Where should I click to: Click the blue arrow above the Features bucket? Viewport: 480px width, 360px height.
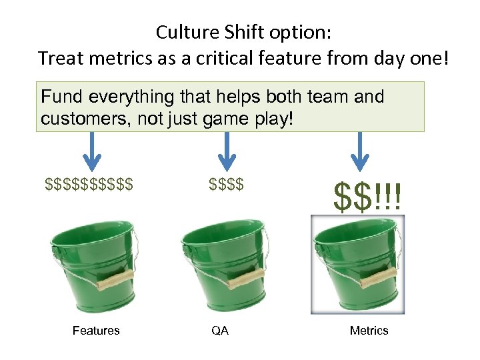(x=92, y=151)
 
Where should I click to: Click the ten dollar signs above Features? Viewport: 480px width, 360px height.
(x=89, y=183)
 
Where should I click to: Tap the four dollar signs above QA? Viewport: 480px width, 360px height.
(x=226, y=183)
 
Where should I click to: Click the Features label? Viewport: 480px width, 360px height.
(x=96, y=331)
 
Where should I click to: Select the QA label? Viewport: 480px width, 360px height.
(x=219, y=331)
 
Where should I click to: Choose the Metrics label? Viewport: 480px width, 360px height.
(x=369, y=331)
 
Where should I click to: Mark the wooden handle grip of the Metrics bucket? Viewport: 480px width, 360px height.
(x=379, y=278)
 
